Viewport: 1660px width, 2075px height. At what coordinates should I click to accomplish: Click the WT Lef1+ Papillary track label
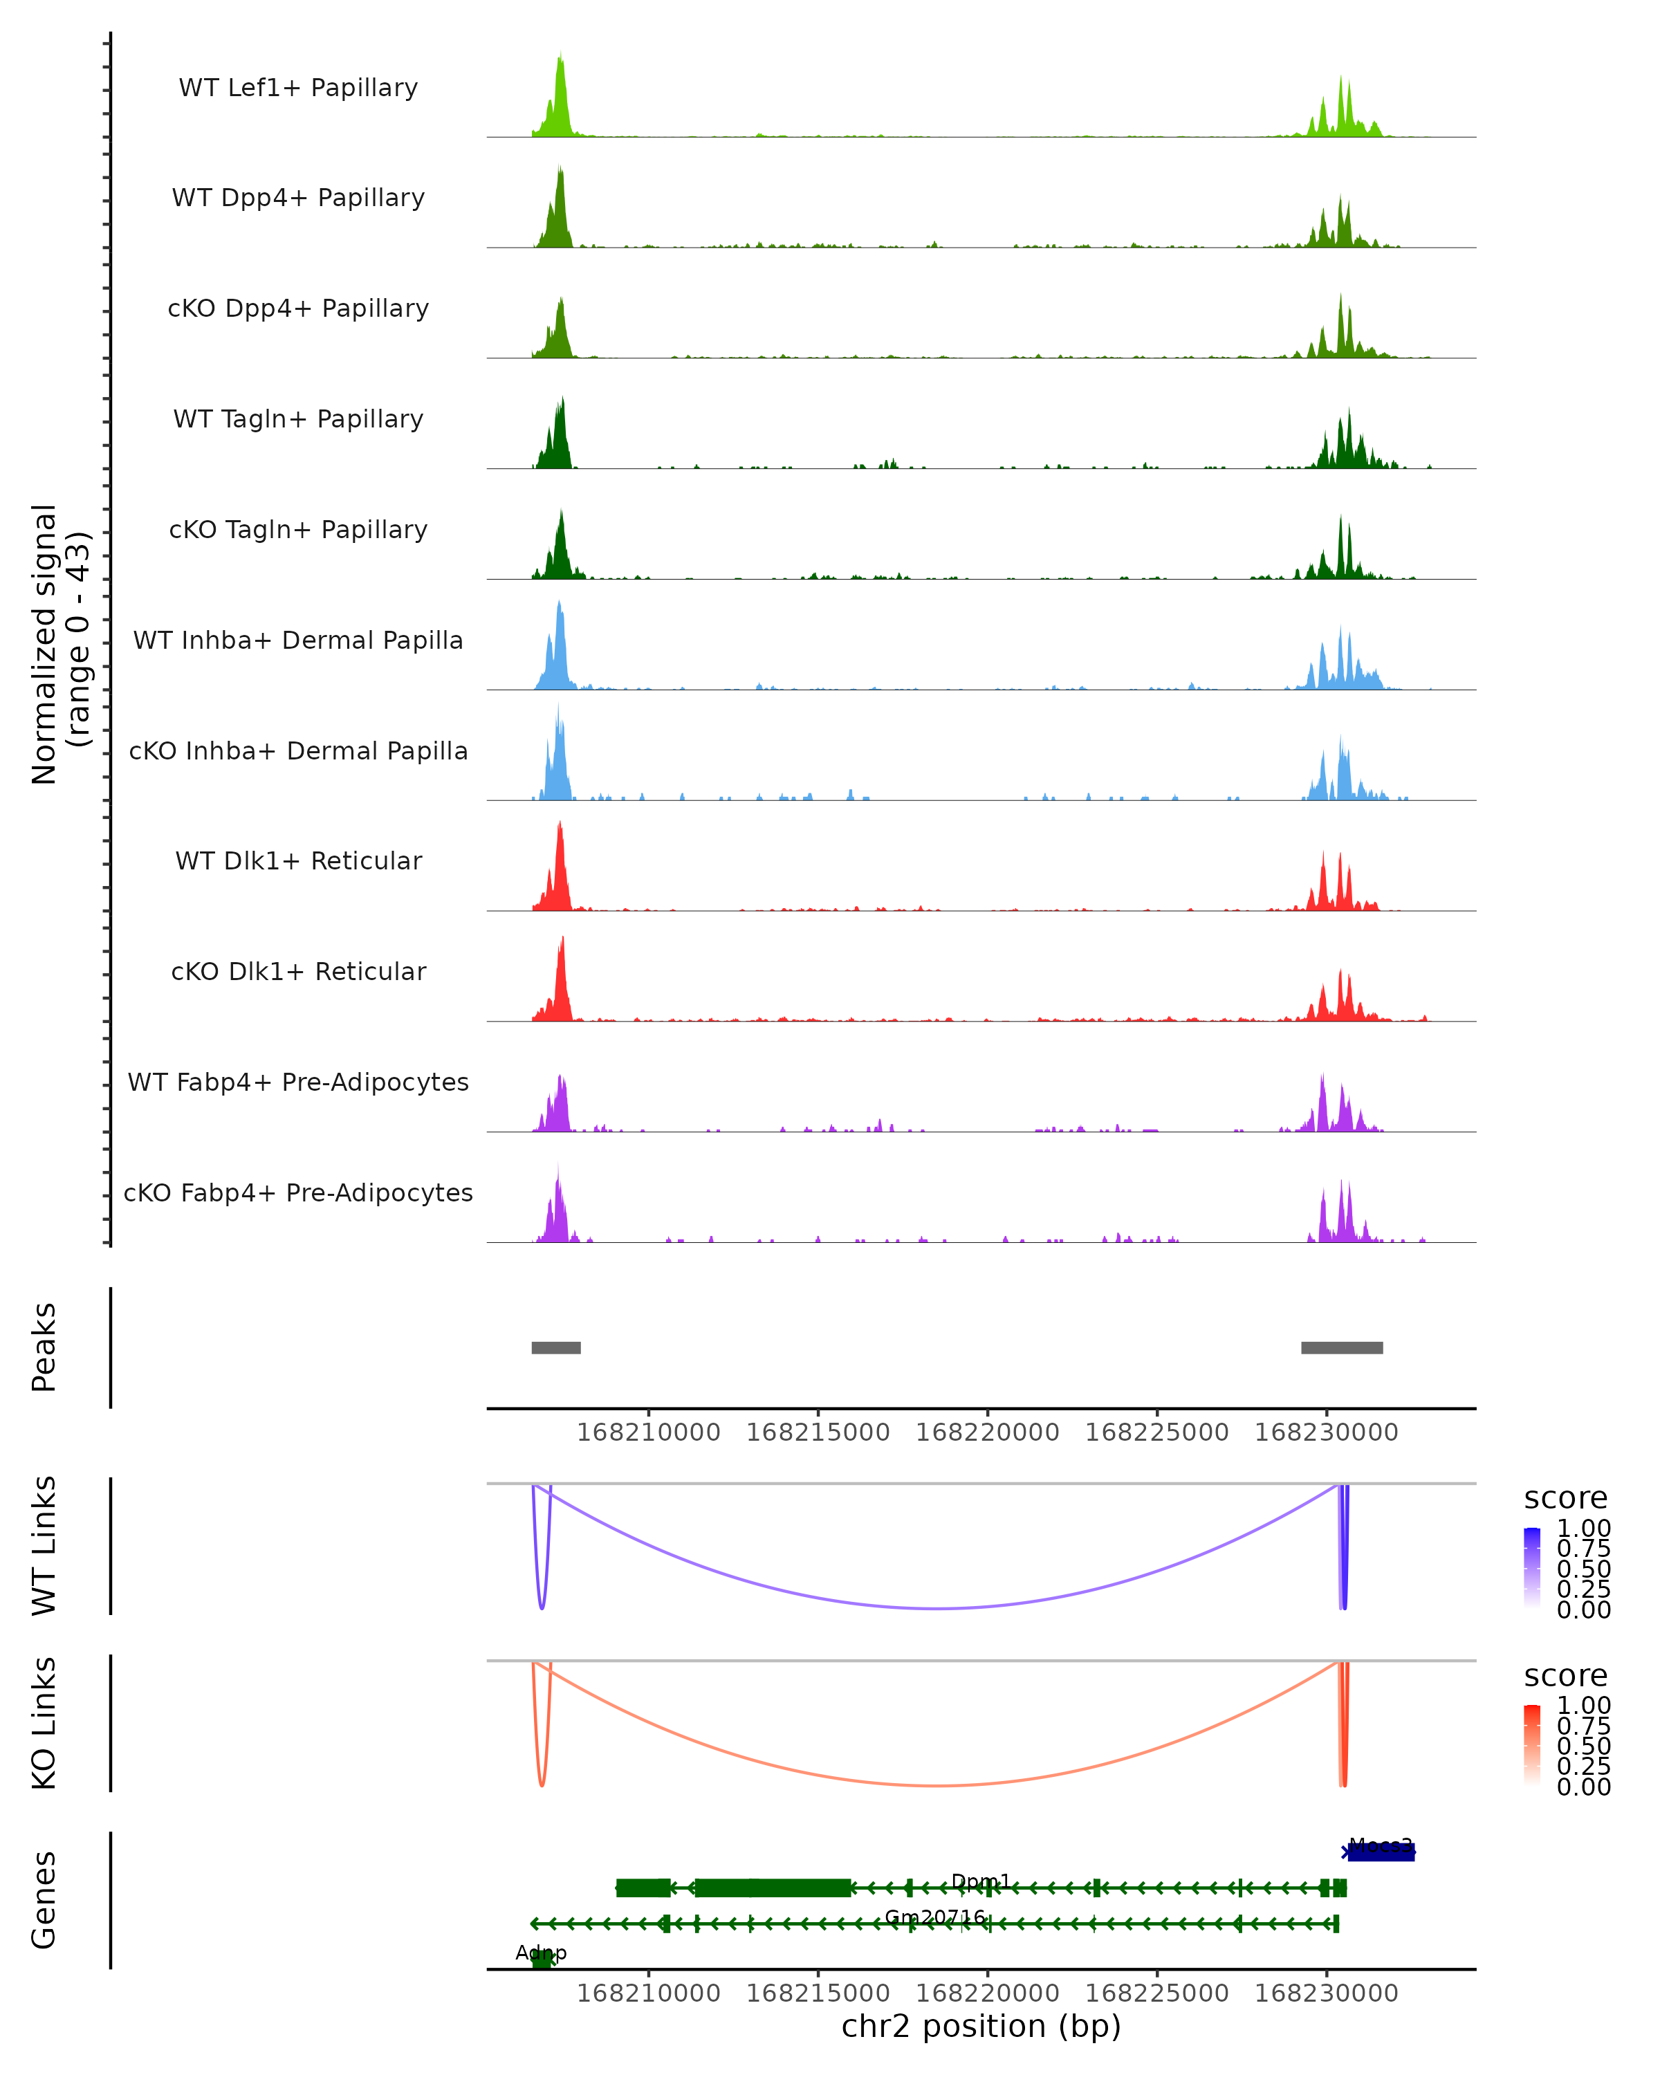[x=298, y=88]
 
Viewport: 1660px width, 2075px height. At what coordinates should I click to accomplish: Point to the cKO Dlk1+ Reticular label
[x=298, y=971]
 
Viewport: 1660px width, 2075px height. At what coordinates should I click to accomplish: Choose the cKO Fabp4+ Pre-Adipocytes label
[x=298, y=1192]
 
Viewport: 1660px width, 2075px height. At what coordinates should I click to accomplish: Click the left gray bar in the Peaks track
[x=556, y=1347]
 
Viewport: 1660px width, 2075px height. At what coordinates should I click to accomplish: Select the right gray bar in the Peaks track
[x=1341, y=1347]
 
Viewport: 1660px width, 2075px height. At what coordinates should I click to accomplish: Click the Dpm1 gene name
[x=981, y=1881]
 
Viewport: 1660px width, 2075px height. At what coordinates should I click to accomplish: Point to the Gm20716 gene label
[x=935, y=1917]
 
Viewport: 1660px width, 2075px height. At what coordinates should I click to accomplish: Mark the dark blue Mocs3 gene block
[x=1382, y=1852]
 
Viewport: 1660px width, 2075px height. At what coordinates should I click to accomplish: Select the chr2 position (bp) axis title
[x=981, y=2026]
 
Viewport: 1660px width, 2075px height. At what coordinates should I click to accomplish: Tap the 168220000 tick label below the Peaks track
[x=987, y=1432]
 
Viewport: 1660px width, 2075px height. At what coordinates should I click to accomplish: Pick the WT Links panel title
[x=44, y=1546]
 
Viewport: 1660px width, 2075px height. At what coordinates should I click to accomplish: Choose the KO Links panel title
[x=44, y=1723]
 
